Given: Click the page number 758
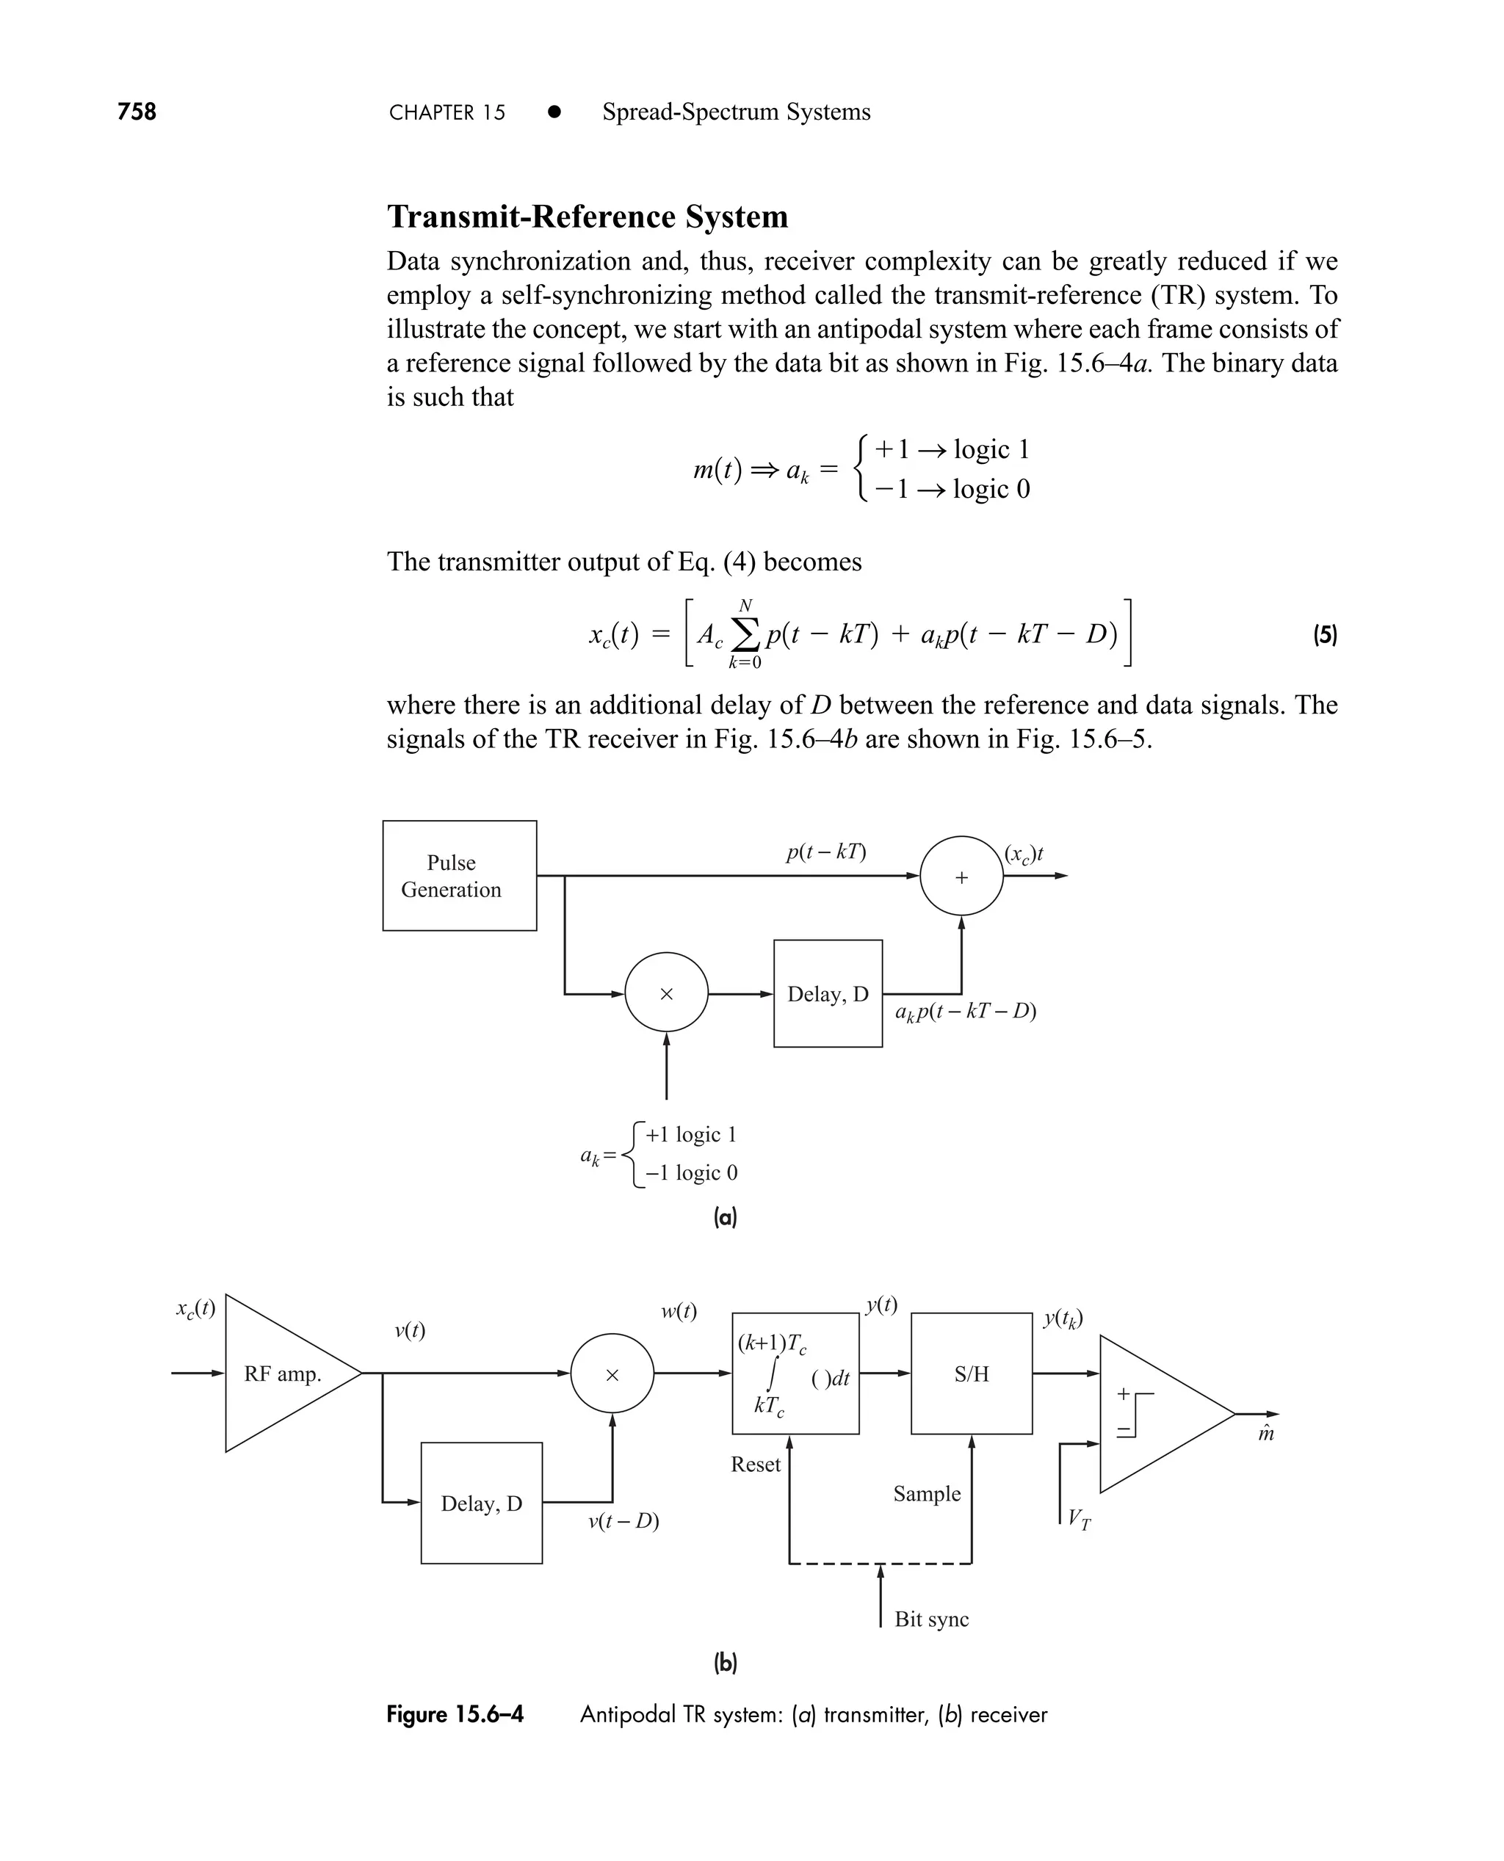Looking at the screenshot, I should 137,112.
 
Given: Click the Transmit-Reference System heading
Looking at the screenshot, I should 587,217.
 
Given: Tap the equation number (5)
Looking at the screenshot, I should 1325,635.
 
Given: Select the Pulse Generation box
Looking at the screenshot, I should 459,876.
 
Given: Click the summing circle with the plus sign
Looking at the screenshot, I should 961,876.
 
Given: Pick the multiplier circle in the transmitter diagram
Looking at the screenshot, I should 666,993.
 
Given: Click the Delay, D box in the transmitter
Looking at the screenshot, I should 828,993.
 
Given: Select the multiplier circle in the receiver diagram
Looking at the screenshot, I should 612,1374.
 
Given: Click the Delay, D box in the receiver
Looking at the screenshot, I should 481,1503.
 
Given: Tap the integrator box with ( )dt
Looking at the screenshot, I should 795,1374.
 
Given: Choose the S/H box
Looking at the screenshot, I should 971,1374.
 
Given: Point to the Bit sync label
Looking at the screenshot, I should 931,1619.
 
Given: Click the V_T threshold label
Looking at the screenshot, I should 1080,1518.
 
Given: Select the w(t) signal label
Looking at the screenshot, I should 679,1311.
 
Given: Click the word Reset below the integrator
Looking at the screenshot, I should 755,1465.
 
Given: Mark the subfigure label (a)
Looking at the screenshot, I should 725,1218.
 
